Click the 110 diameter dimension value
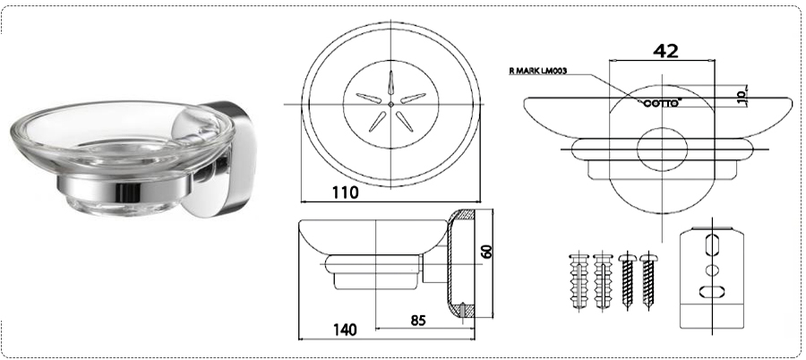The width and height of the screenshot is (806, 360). tap(345, 193)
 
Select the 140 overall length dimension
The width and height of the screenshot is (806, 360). tap(345, 330)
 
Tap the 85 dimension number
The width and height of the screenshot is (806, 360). tap(418, 320)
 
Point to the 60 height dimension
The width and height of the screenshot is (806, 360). tap(487, 251)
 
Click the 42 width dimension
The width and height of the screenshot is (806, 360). tap(665, 50)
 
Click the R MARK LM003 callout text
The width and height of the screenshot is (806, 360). tap(537, 71)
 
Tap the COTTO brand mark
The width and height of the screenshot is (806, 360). tap(663, 103)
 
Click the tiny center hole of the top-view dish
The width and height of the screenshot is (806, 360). tap(391, 104)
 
